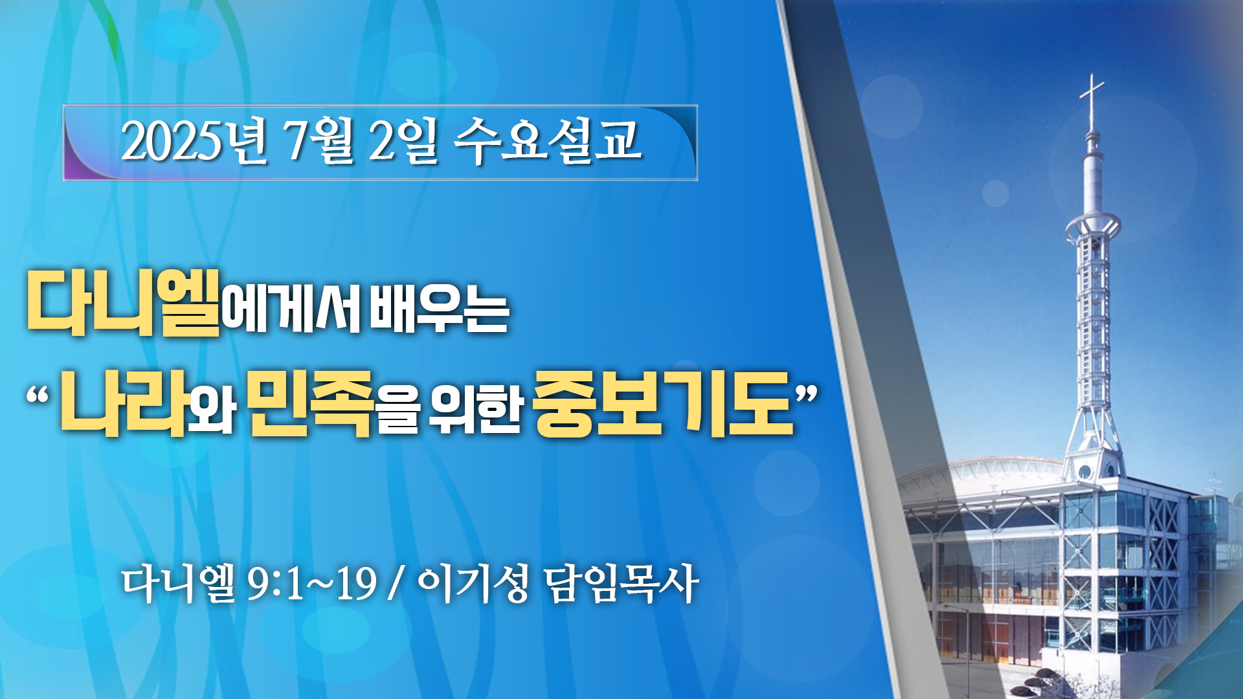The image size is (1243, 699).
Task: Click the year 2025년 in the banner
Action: (x=194, y=140)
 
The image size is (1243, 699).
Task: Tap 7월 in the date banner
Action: (x=319, y=140)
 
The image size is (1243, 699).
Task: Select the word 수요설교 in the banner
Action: (x=547, y=140)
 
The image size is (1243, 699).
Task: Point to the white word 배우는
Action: (x=439, y=311)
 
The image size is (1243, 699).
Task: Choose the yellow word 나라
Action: (x=124, y=404)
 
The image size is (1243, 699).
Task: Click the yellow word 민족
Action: (x=311, y=404)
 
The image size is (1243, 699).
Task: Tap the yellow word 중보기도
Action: (x=664, y=404)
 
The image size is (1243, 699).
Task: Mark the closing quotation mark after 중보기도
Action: (x=807, y=394)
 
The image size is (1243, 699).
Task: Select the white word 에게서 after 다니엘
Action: (x=291, y=311)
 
